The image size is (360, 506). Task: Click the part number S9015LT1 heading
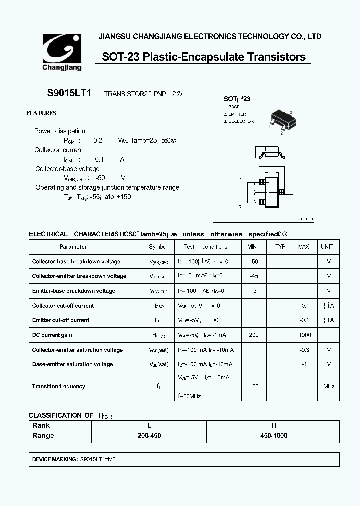69,93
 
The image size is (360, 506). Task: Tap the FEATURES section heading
41,113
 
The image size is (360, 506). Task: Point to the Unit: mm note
304,219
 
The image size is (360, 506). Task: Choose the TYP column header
280,247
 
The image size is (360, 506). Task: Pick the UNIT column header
327,247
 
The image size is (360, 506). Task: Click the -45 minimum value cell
253,276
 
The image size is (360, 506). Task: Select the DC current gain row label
52,335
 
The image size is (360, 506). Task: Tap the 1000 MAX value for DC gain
304,335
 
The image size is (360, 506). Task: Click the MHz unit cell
328,386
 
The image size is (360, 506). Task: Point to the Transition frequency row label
58,386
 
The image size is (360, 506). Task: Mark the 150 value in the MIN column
253,386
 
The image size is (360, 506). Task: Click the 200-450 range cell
148,436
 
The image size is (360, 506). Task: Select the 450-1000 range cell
273,436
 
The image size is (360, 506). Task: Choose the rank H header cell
273,426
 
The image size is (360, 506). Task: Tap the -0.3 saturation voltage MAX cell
304,350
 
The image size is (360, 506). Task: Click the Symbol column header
158,247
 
